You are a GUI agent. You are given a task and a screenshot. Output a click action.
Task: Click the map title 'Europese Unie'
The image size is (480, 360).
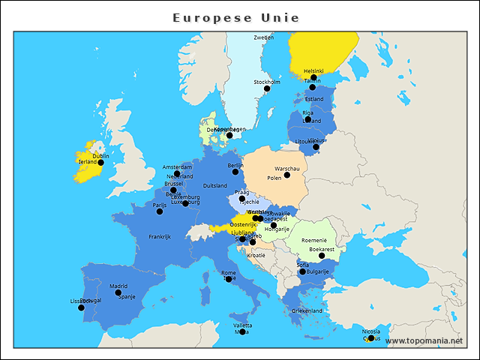pyautogui.click(x=235, y=17)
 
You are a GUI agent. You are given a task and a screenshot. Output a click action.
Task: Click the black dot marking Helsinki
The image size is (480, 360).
pyautogui.click(x=313, y=77)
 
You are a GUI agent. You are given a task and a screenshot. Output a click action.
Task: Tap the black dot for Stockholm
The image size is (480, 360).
pyautogui.click(x=266, y=88)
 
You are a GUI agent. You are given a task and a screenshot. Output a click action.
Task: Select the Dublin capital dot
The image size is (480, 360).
pyautogui.click(x=100, y=162)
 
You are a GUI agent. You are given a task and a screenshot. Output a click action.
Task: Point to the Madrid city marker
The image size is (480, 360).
pyautogui.click(x=118, y=292)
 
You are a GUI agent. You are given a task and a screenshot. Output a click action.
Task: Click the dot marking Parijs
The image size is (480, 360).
pyautogui.click(x=159, y=211)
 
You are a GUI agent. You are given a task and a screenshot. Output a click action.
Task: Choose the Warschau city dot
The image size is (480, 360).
pyautogui.click(x=287, y=175)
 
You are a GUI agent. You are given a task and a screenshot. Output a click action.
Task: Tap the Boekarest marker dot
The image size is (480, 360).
pyautogui.click(x=322, y=256)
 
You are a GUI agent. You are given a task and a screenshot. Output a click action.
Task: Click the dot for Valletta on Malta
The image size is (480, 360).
pyautogui.click(x=242, y=331)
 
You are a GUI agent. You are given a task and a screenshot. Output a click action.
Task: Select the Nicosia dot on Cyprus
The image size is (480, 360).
pyautogui.click(x=370, y=338)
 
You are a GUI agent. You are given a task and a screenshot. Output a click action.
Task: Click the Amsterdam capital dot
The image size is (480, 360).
pyautogui.click(x=177, y=173)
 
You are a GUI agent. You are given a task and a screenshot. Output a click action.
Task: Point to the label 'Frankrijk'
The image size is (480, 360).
pyautogui.click(x=160, y=237)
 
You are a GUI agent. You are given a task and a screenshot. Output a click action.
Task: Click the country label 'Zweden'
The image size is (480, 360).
pyautogui.click(x=263, y=37)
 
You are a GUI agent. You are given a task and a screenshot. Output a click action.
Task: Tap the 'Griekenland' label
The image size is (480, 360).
pyautogui.click(x=307, y=310)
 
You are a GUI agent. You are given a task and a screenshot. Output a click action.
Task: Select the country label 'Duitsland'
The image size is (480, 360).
pyautogui.click(x=215, y=186)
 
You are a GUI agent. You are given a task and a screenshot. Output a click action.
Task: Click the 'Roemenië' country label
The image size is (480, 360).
pyautogui.click(x=314, y=240)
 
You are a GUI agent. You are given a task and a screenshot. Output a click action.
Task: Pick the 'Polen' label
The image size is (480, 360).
pyautogui.click(x=274, y=178)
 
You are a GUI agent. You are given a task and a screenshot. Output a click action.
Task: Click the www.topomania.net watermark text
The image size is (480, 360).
pyautogui.click(x=424, y=340)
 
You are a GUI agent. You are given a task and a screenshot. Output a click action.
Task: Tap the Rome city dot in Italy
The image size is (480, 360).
pyautogui.click(x=229, y=278)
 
